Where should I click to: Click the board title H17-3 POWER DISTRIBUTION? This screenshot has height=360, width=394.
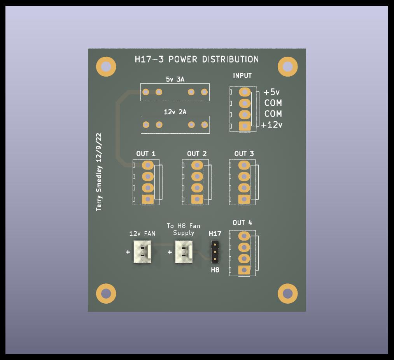pos(197,59)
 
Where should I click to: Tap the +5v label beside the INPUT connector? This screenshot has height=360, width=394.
pos(271,92)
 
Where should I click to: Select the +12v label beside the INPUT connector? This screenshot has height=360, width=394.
pos(271,125)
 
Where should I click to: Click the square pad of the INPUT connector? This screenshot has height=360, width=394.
pos(245,126)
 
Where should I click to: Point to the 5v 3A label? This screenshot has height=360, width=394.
pos(175,79)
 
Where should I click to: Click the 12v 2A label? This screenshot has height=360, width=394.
pos(175,112)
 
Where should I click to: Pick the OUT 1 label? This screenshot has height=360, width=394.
pos(146,154)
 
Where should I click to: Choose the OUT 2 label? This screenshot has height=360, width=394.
pos(197,154)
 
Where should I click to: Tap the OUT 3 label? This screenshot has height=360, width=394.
pos(244,154)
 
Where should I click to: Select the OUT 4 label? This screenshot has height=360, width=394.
pos(242,223)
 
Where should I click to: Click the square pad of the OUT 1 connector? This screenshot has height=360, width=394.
pos(148,199)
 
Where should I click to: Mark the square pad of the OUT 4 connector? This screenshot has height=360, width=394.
pos(244,270)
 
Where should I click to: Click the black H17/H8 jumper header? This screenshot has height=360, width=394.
pos(215,252)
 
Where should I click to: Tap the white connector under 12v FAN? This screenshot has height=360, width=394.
pos(142,252)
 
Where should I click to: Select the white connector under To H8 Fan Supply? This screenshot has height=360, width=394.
pos(184,252)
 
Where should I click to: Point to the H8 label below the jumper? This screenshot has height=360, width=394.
pos(215,270)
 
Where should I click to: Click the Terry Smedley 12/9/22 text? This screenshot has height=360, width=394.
pos(99,172)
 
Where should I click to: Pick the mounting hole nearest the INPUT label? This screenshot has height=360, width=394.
pos(288,66)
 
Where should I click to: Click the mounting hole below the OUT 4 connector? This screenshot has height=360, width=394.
pos(288,294)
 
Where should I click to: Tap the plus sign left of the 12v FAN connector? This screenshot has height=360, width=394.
pos(128,252)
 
